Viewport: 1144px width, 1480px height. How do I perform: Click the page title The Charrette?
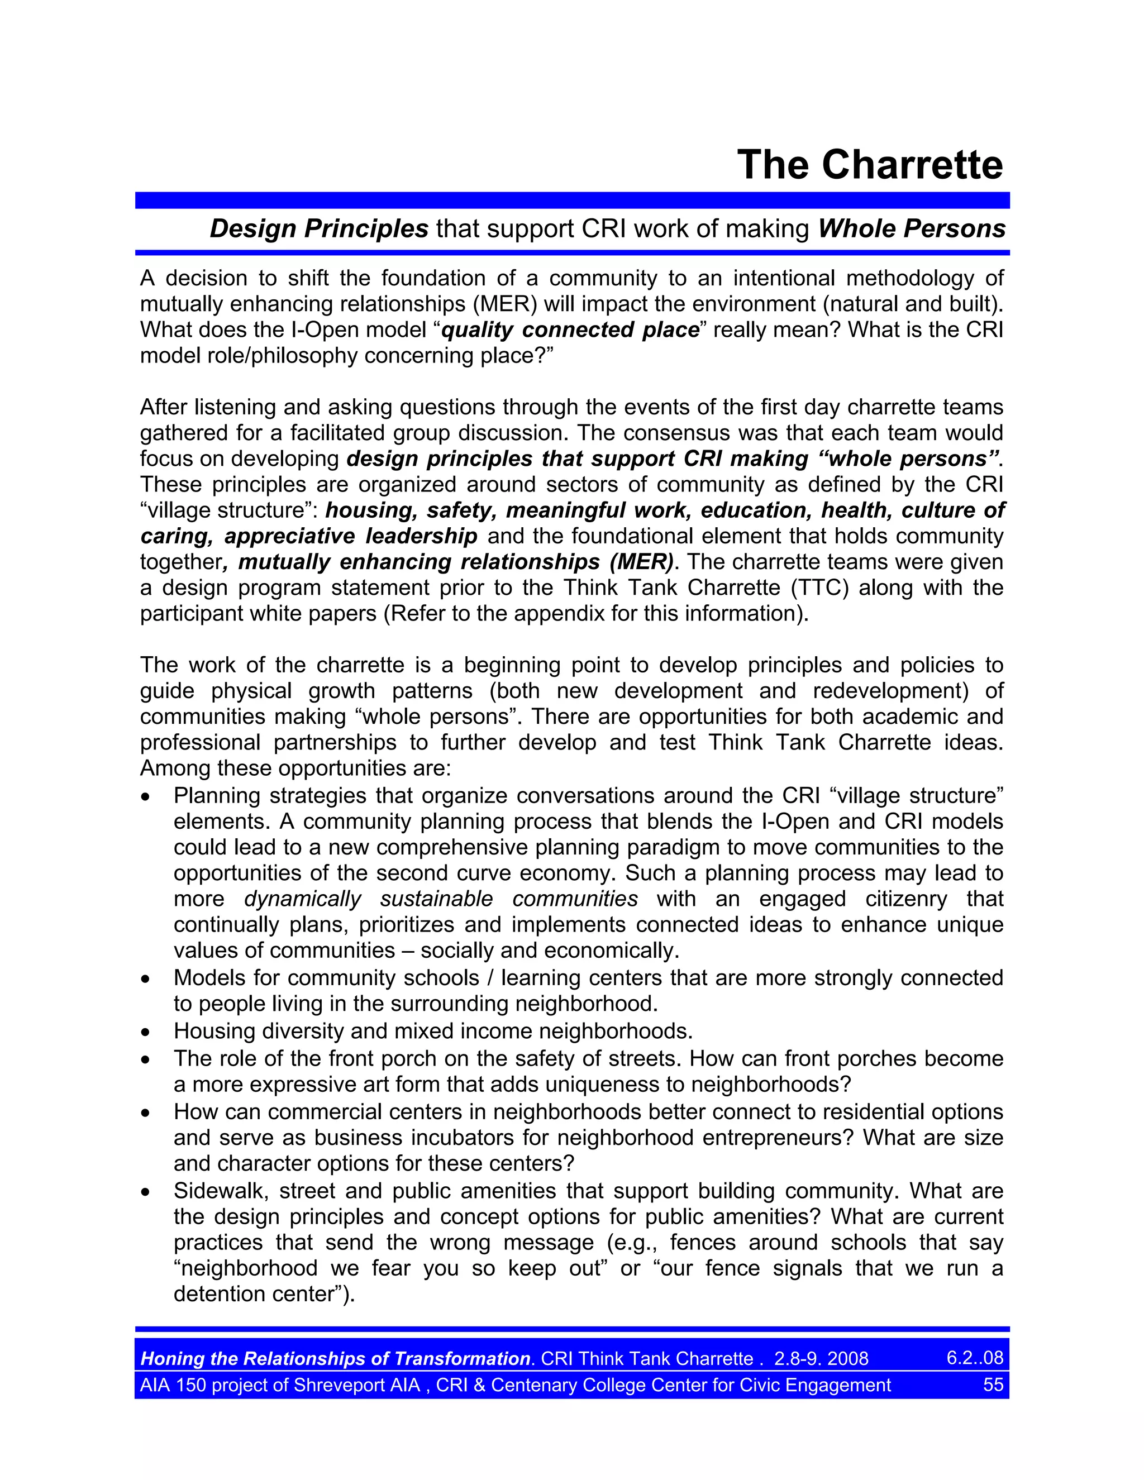[870, 165]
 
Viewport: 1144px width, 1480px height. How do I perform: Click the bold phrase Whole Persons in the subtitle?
[911, 229]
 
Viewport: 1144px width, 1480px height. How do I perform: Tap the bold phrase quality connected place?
[570, 330]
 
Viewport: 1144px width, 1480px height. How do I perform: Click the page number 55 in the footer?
[992, 1384]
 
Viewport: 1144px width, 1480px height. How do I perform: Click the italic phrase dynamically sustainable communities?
[441, 899]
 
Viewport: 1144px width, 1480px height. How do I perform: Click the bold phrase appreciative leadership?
[351, 536]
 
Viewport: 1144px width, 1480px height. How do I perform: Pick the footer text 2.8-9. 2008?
[821, 1359]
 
